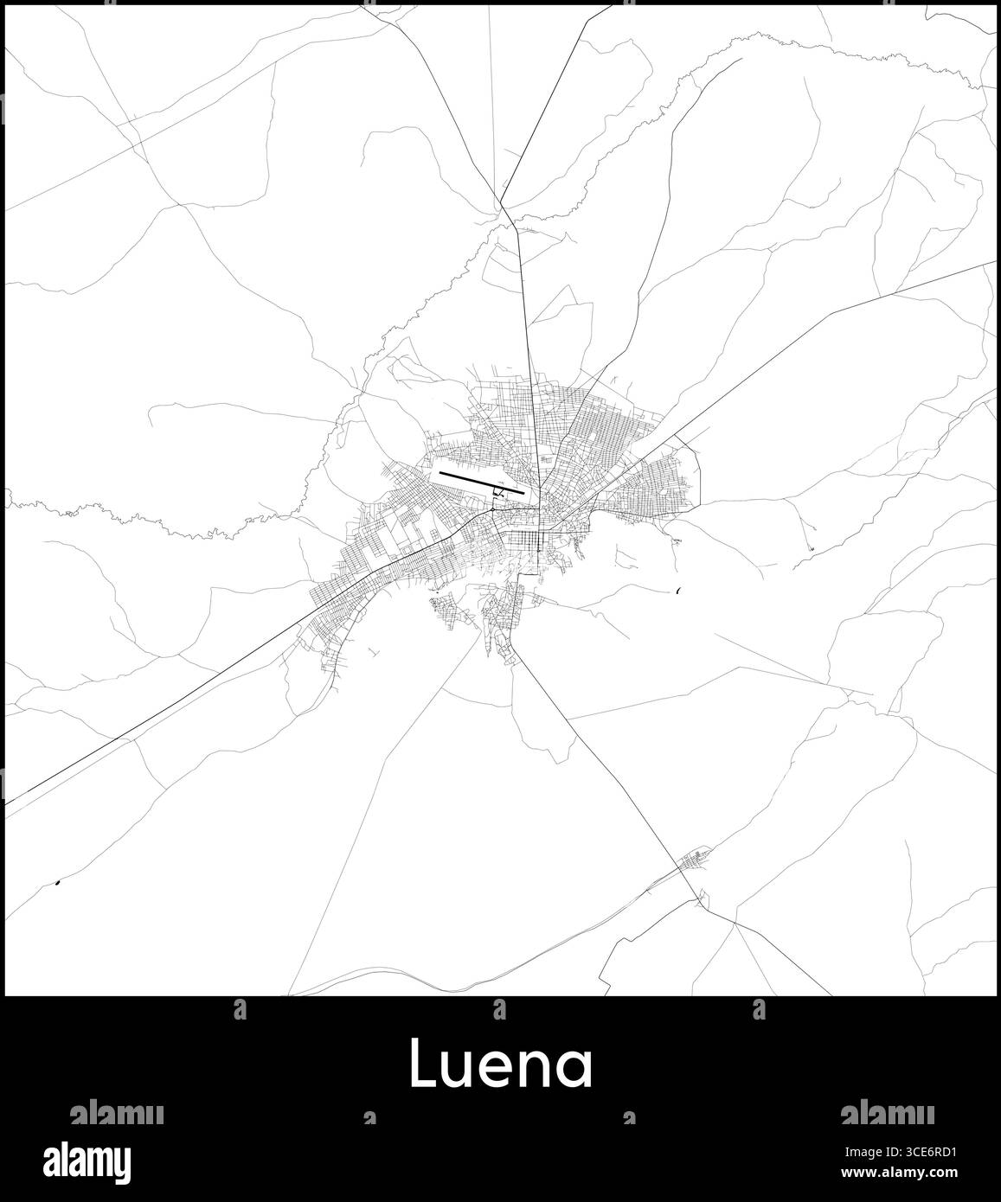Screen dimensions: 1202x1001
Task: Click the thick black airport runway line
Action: click(481, 483)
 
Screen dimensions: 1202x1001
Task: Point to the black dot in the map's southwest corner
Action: click(57, 883)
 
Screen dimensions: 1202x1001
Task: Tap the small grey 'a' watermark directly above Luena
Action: click(498, 1007)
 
